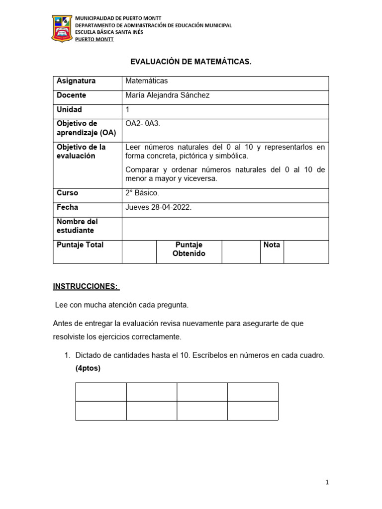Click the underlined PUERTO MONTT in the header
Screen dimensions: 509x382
[94, 40]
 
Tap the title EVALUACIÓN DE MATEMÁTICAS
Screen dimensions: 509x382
[191, 62]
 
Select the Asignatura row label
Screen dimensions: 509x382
[76, 81]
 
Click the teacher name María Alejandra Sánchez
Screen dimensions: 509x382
[168, 95]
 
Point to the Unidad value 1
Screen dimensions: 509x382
[128, 109]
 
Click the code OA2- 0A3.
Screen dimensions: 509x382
[143, 123]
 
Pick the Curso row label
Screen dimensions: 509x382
[68, 193]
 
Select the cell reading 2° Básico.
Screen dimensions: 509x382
[142, 193]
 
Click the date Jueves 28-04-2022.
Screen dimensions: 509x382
[158, 207]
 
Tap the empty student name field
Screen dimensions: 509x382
[225, 228]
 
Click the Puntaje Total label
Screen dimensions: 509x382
[80, 245]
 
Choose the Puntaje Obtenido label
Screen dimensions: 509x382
[189, 249]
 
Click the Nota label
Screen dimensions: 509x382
[272, 245]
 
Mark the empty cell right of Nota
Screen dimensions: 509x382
[306, 252]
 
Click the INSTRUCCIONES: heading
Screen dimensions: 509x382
[86, 286]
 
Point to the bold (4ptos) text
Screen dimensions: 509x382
[88, 368]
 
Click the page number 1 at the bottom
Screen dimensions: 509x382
[327, 482]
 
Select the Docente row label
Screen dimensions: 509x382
[71, 95]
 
